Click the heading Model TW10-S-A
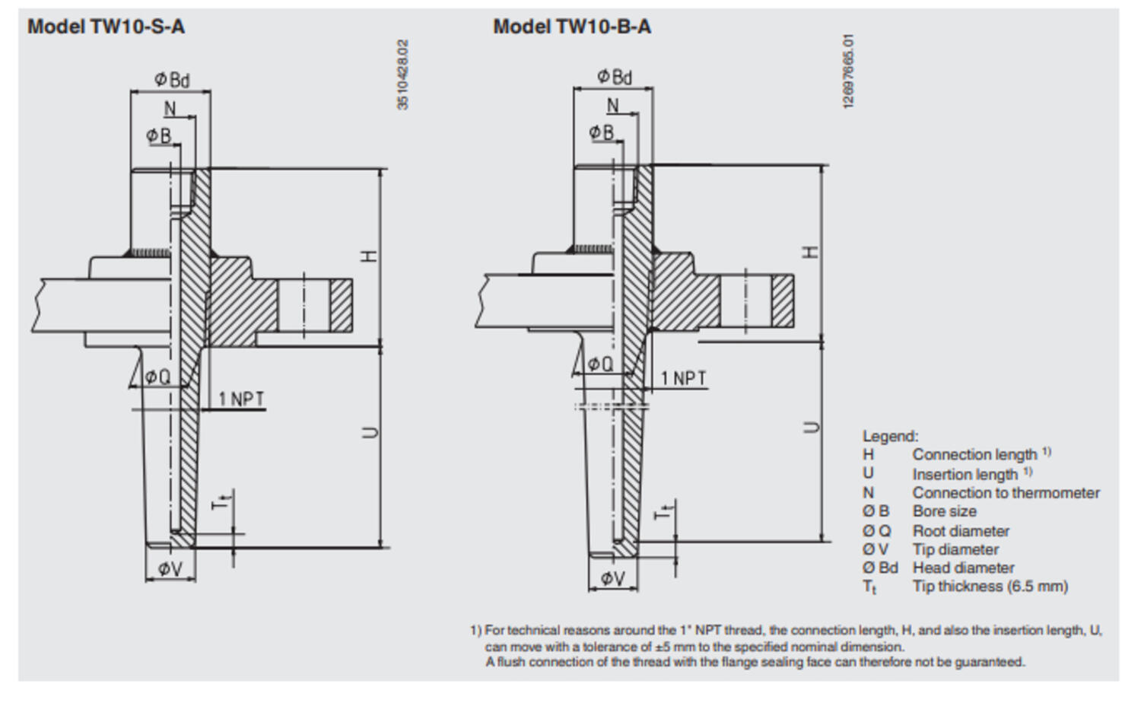tap(106, 27)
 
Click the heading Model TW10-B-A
tap(572, 27)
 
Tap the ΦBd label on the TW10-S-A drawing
tap(172, 79)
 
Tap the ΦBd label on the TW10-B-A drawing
tap(614, 76)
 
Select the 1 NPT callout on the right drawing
tap(682, 378)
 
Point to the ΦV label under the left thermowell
tap(170, 569)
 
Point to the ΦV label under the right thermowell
tap(612, 578)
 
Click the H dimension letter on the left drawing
tap(370, 256)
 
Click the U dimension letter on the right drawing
tap(812, 428)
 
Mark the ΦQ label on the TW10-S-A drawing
tap(157, 377)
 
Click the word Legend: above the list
tap(890, 437)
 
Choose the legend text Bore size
tap(944, 511)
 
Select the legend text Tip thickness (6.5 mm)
tap(990, 586)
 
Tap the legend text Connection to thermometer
tap(1006, 493)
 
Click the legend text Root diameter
tap(961, 531)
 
